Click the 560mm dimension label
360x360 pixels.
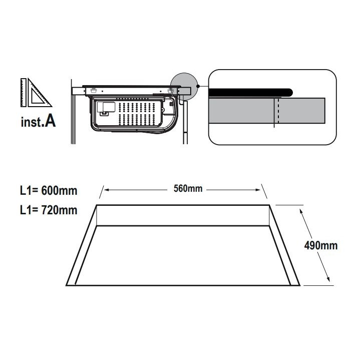pos(188,188)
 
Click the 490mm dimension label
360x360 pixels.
pos(321,245)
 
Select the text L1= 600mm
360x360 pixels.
pos(49,191)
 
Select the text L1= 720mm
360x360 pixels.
pos(49,210)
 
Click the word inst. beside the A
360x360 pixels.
pos(32,122)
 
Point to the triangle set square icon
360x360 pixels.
pos(39,94)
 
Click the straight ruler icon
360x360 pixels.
pos(24,93)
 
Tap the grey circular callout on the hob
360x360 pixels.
pos(184,87)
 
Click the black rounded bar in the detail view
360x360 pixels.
pos(250,93)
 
